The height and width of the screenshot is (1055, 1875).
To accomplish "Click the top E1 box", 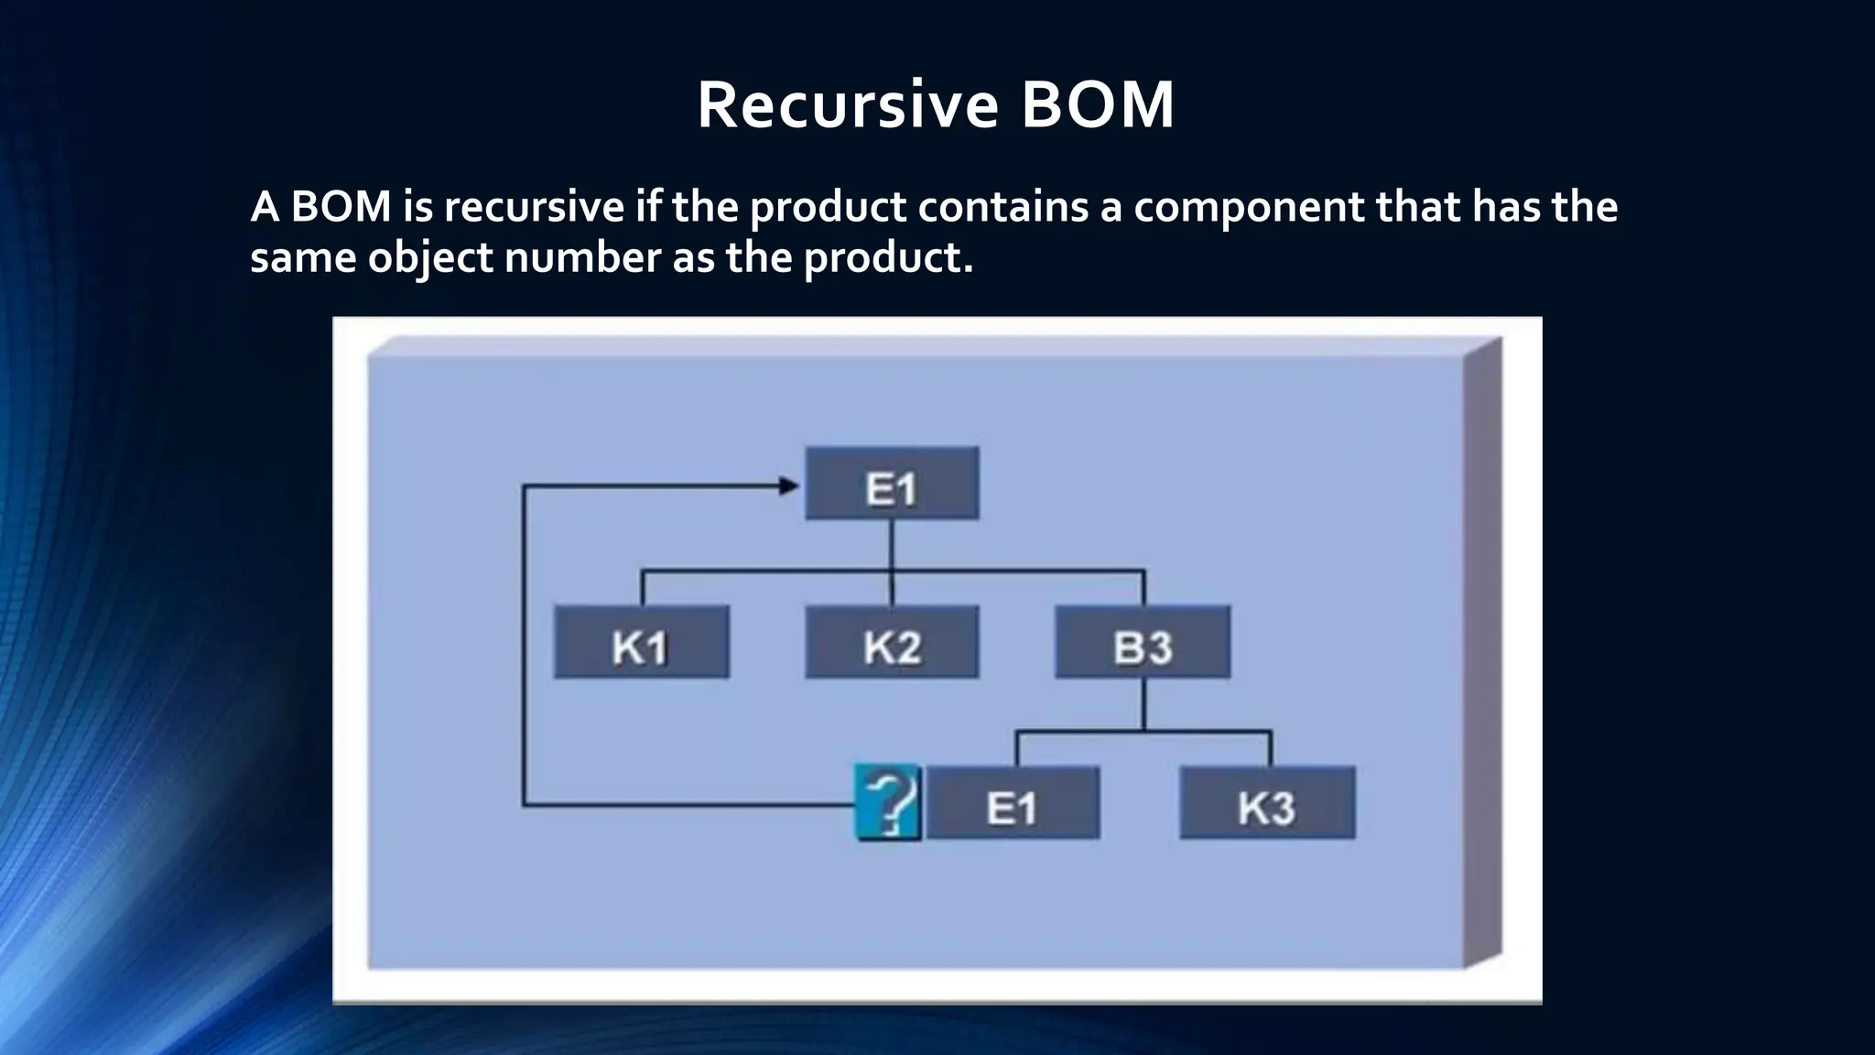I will coord(892,484).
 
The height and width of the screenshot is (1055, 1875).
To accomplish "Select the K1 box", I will coord(641,642).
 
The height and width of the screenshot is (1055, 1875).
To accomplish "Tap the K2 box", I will coord(892,642).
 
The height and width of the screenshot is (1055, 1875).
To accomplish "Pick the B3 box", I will coord(1143,642).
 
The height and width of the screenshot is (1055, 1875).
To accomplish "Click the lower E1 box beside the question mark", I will coord(1013,803).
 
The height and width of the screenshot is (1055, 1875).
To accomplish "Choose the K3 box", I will coord(1267,803).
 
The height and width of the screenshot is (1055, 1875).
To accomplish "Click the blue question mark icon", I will coord(887,803).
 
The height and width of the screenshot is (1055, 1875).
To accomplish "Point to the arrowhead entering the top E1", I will coord(788,486).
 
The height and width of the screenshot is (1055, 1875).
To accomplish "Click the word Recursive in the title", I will coord(847,105).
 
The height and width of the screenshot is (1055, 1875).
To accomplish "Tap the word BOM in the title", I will coord(1098,105).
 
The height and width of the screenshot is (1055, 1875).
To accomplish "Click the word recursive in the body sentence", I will coord(534,207).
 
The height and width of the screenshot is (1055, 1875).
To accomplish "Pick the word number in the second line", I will coord(583,258).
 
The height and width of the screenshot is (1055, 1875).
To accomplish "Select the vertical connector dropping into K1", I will coord(642,588).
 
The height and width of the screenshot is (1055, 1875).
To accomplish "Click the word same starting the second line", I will coord(303,258).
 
